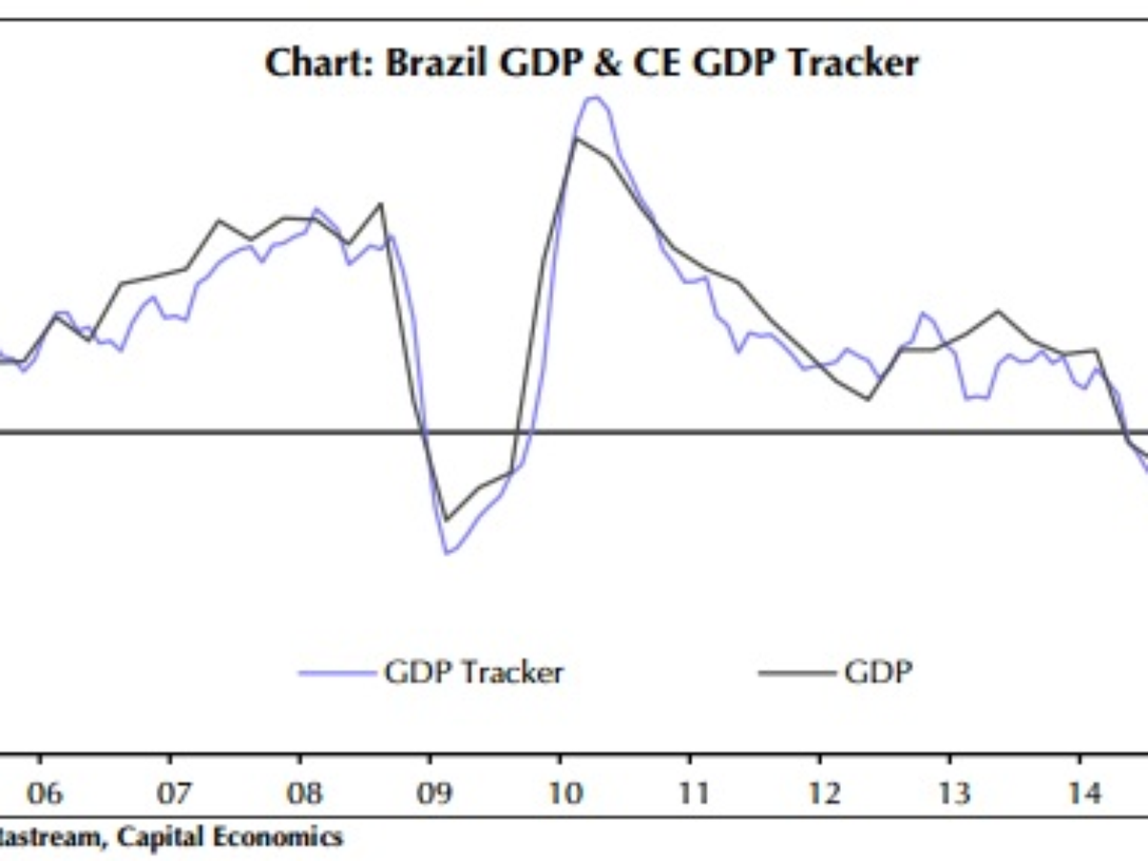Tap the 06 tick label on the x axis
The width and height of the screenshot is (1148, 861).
pyautogui.click(x=43, y=793)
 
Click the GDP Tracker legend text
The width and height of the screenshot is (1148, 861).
pyautogui.click(x=474, y=673)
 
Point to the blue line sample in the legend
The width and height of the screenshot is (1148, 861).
pyautogui.click(x=336, y=673)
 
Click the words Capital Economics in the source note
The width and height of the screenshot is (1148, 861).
pyautogui.click(x=230, y=838)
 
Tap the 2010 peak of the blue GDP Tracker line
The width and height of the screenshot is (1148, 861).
pyautogui.click(x=594, y=97)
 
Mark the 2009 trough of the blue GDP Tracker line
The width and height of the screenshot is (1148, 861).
pyautogui.click(x=446, y=553)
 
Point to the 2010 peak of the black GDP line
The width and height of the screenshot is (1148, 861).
pyautogui.click(x=576, y=139)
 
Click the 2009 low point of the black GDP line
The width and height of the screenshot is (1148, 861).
pyautogui.click(x=446, y=519)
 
